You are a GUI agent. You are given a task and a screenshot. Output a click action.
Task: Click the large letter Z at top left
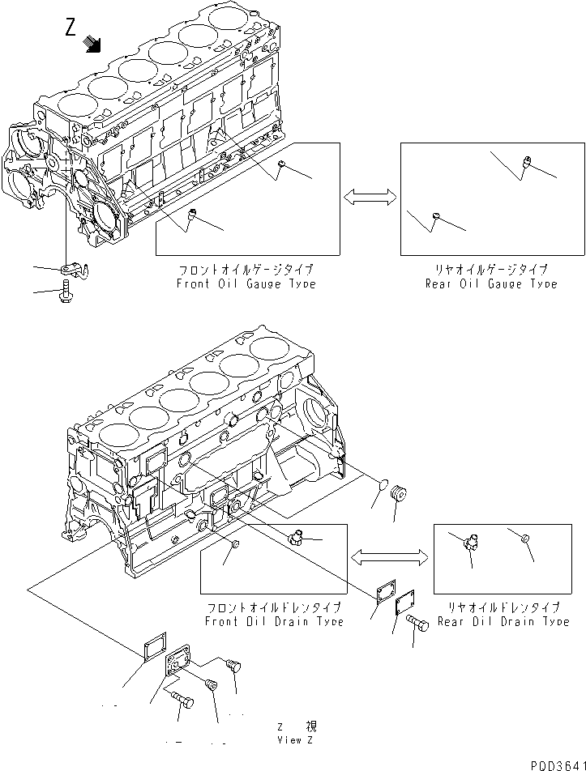coord(71,28)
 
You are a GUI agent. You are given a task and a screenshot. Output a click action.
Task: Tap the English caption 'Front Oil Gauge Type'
coord(246,284)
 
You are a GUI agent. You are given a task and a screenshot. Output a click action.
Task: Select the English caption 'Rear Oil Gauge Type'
coord(492,284)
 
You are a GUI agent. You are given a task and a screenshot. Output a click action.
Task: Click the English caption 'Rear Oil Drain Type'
coord(503,621)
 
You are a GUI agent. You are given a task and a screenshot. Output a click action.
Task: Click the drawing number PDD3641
coord(554,762)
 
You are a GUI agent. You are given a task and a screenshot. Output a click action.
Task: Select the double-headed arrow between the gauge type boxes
coord(370,195)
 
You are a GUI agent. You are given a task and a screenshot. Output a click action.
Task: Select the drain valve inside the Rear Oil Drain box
coord(469,545)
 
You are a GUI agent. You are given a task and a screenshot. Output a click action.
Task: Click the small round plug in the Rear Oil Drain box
coord(524,539)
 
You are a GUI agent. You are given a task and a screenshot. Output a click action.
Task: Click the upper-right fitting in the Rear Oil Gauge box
coord(526,163)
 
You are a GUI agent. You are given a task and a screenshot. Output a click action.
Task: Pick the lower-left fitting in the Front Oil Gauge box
coord(193,214)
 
